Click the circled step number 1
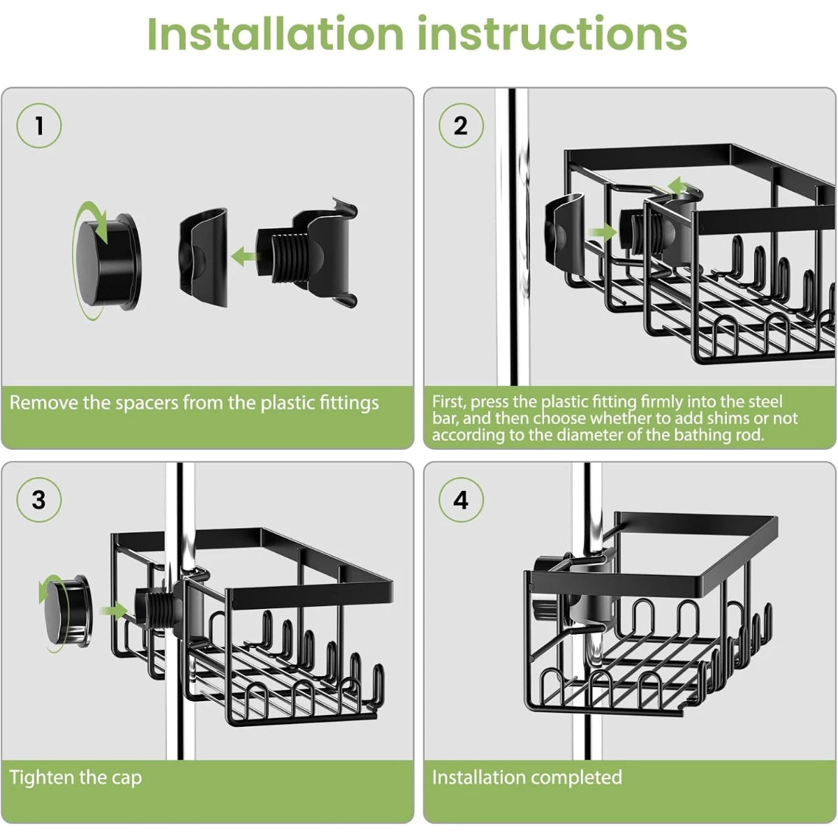click(x=39, y=126)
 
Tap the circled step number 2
click(x=460, y=126)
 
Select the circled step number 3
click(x=39, y=500)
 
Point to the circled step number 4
click(x=460, y=500)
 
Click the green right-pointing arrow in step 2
click(x=603, y=231)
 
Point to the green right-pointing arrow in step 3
click(x=113, y=611)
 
